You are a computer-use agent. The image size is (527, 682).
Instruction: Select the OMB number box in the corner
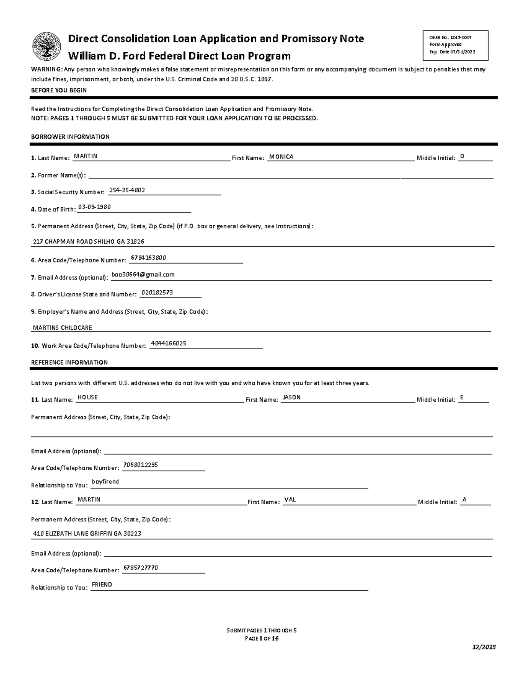coord(455,45)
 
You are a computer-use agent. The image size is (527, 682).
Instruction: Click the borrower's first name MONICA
coord(281,157)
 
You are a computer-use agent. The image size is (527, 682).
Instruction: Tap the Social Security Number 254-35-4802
coord(127,190)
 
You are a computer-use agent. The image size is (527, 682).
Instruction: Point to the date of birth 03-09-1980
coord(94,207)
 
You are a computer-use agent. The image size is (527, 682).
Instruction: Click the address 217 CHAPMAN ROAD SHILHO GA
coord(89,242)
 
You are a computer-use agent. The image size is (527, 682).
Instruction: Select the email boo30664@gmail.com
coord(143,274)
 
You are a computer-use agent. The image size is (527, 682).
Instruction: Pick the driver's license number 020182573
coord(157,292)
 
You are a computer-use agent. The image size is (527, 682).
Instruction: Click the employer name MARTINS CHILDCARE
coord(63,328)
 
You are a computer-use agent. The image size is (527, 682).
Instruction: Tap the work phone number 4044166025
coord(169,343)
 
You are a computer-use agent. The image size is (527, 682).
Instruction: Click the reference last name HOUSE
coord(87,397)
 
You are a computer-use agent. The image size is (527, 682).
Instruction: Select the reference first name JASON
coord(292,397)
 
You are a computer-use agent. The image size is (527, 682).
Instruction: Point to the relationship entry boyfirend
coord(105,482)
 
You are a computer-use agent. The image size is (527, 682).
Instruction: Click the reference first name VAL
coord(290,500)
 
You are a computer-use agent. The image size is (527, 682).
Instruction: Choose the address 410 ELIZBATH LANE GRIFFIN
coord(87,534)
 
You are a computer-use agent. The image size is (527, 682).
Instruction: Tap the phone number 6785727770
coord(141,568)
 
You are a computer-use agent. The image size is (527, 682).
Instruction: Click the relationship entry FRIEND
coord(102,585)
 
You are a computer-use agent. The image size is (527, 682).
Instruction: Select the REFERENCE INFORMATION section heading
coord(69,363)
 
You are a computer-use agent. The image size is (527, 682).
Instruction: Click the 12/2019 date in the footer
coord(484,647)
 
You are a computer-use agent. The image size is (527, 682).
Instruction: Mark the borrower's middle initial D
coord(462,156)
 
